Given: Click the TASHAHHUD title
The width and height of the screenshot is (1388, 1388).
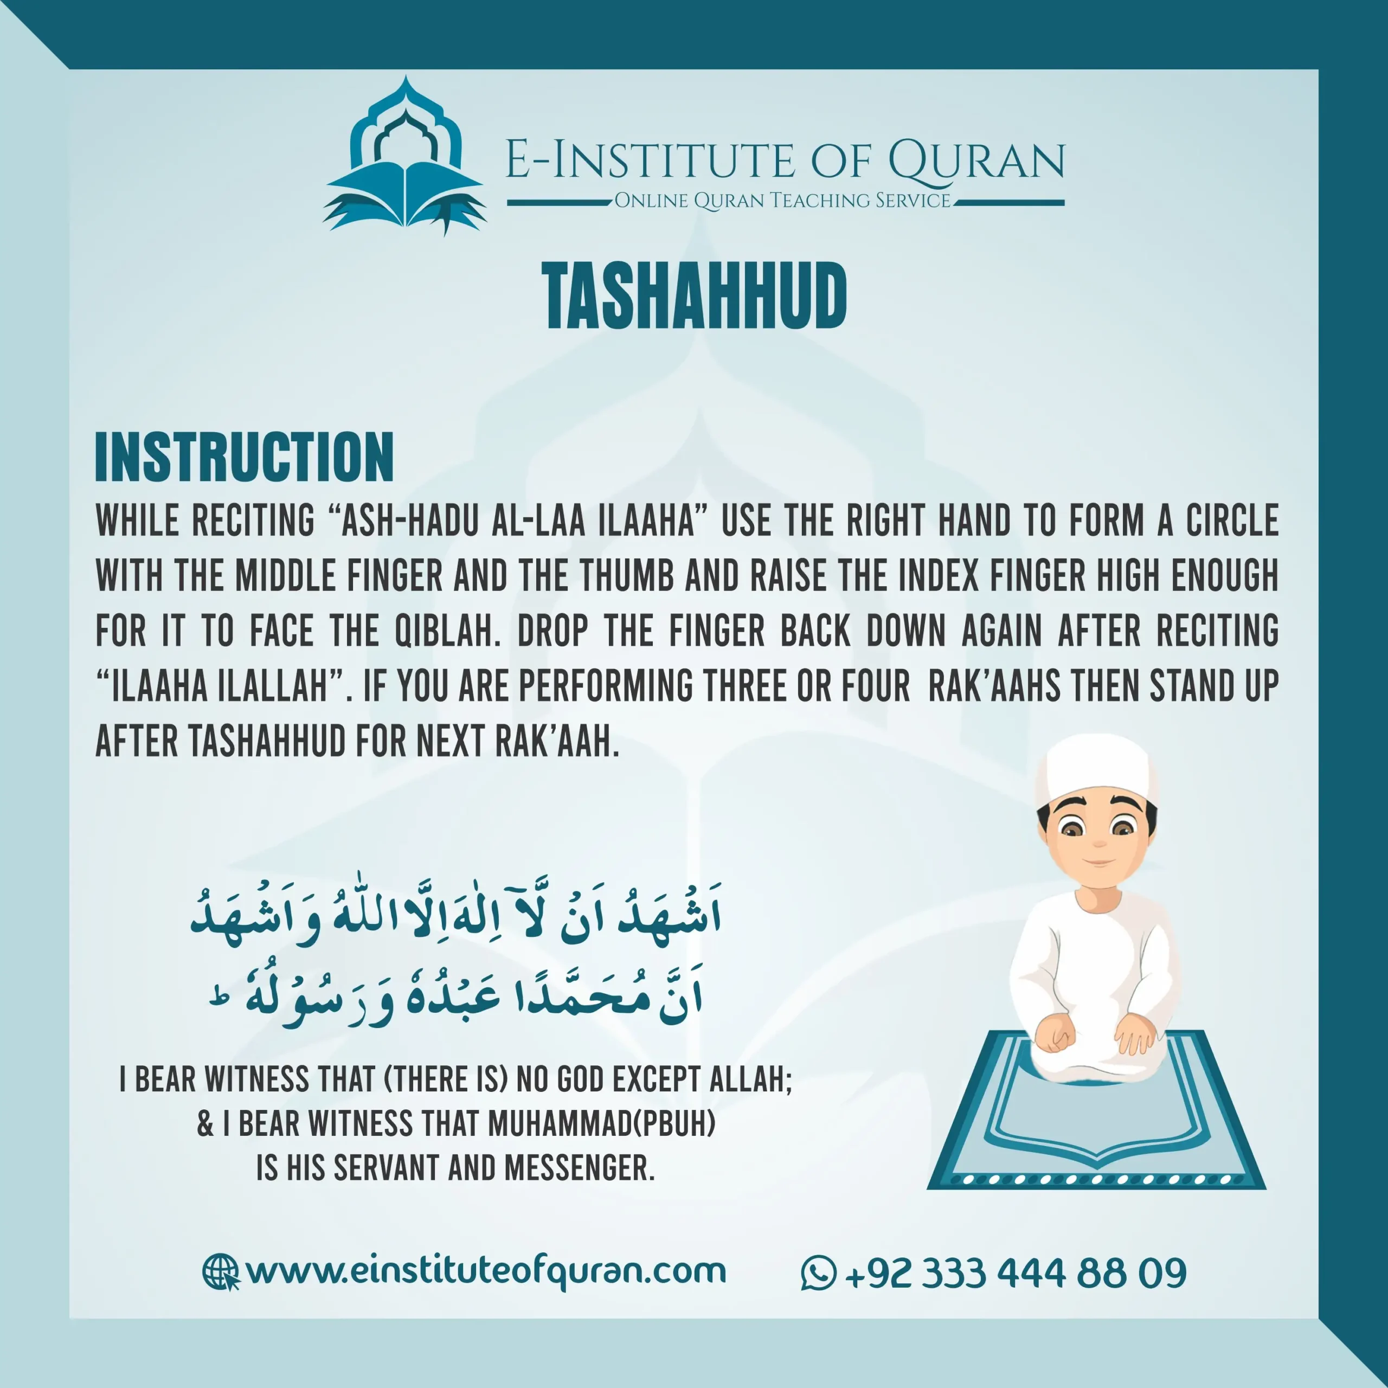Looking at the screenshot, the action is pyautogui.click(x=694, y=295).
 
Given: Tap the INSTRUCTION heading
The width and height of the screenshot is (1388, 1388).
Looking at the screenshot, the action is pyautogui.click(x=245, y=457).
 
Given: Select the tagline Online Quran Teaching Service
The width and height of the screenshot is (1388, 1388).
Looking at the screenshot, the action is pyautogui.click(x=782, y=201).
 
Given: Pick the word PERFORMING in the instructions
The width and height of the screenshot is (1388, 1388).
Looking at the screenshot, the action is pyautogui.click(x=606, y=686).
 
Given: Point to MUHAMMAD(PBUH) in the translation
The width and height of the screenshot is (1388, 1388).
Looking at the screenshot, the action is pyautogui.click(x=602, y=1123).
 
